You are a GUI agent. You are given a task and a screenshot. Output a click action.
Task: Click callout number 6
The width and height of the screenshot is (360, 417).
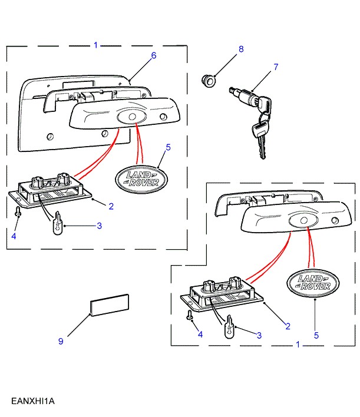pyautogui.click(x=153, y=55)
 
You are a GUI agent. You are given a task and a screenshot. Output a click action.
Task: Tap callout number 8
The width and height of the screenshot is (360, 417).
pyautogui.click(x=240, y=50)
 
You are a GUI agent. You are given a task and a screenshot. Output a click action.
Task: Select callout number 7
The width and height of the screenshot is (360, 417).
pyautogui.click(x=275, y=67)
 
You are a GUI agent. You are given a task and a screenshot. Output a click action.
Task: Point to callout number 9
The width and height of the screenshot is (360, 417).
pyautogui.click(x=60, y=341)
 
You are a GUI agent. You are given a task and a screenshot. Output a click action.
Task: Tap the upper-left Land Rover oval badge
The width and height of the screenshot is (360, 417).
pyautogui.click(x=138, y=178)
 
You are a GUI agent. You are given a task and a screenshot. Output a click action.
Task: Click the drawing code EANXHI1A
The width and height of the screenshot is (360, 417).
pyautogui.click(x=33, y=401)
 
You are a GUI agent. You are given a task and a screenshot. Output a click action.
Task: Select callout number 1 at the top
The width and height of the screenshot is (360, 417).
pyautogui.click(x=96, y=45)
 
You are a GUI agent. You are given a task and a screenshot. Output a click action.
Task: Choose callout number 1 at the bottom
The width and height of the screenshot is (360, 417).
pyautogui.click(x=298, y=344)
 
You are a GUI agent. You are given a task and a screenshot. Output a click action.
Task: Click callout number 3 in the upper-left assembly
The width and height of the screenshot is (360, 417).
pyautogui.click(x=100, y=226)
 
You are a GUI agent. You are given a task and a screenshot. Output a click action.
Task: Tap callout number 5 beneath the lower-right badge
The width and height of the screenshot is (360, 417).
pyautogui.click(x=316, y=335)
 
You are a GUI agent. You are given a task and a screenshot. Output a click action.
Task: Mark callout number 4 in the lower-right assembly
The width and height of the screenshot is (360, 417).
pyautogui.click(x=200, y=334)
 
